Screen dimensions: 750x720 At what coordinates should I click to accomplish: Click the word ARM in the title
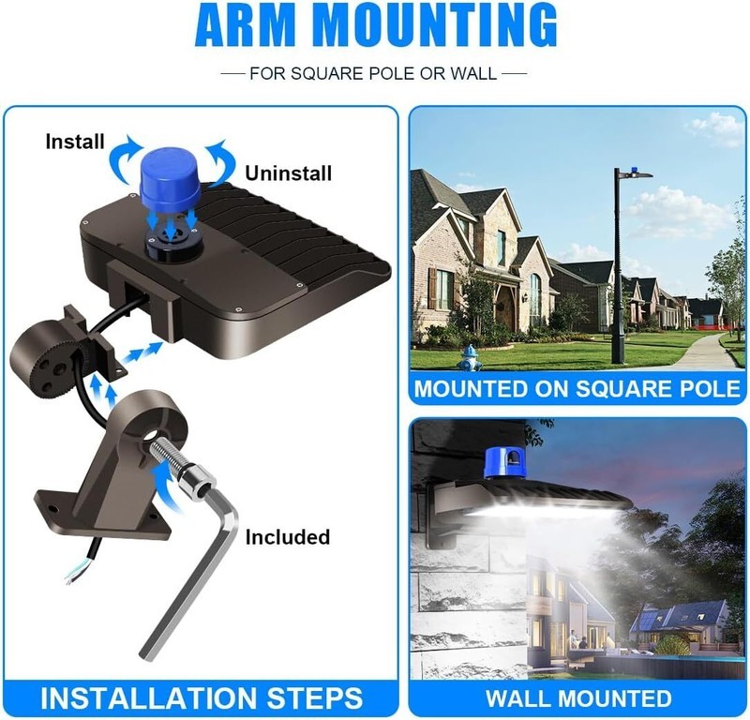[247, 24]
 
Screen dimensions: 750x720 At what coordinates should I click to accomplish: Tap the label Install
[75, 142]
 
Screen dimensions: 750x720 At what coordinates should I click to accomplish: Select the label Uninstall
[289, 173]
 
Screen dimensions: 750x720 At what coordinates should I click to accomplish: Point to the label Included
[288, 537]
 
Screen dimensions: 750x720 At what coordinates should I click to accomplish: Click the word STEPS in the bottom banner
[315, 697]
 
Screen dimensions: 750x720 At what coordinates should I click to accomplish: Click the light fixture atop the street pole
[635, 173]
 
